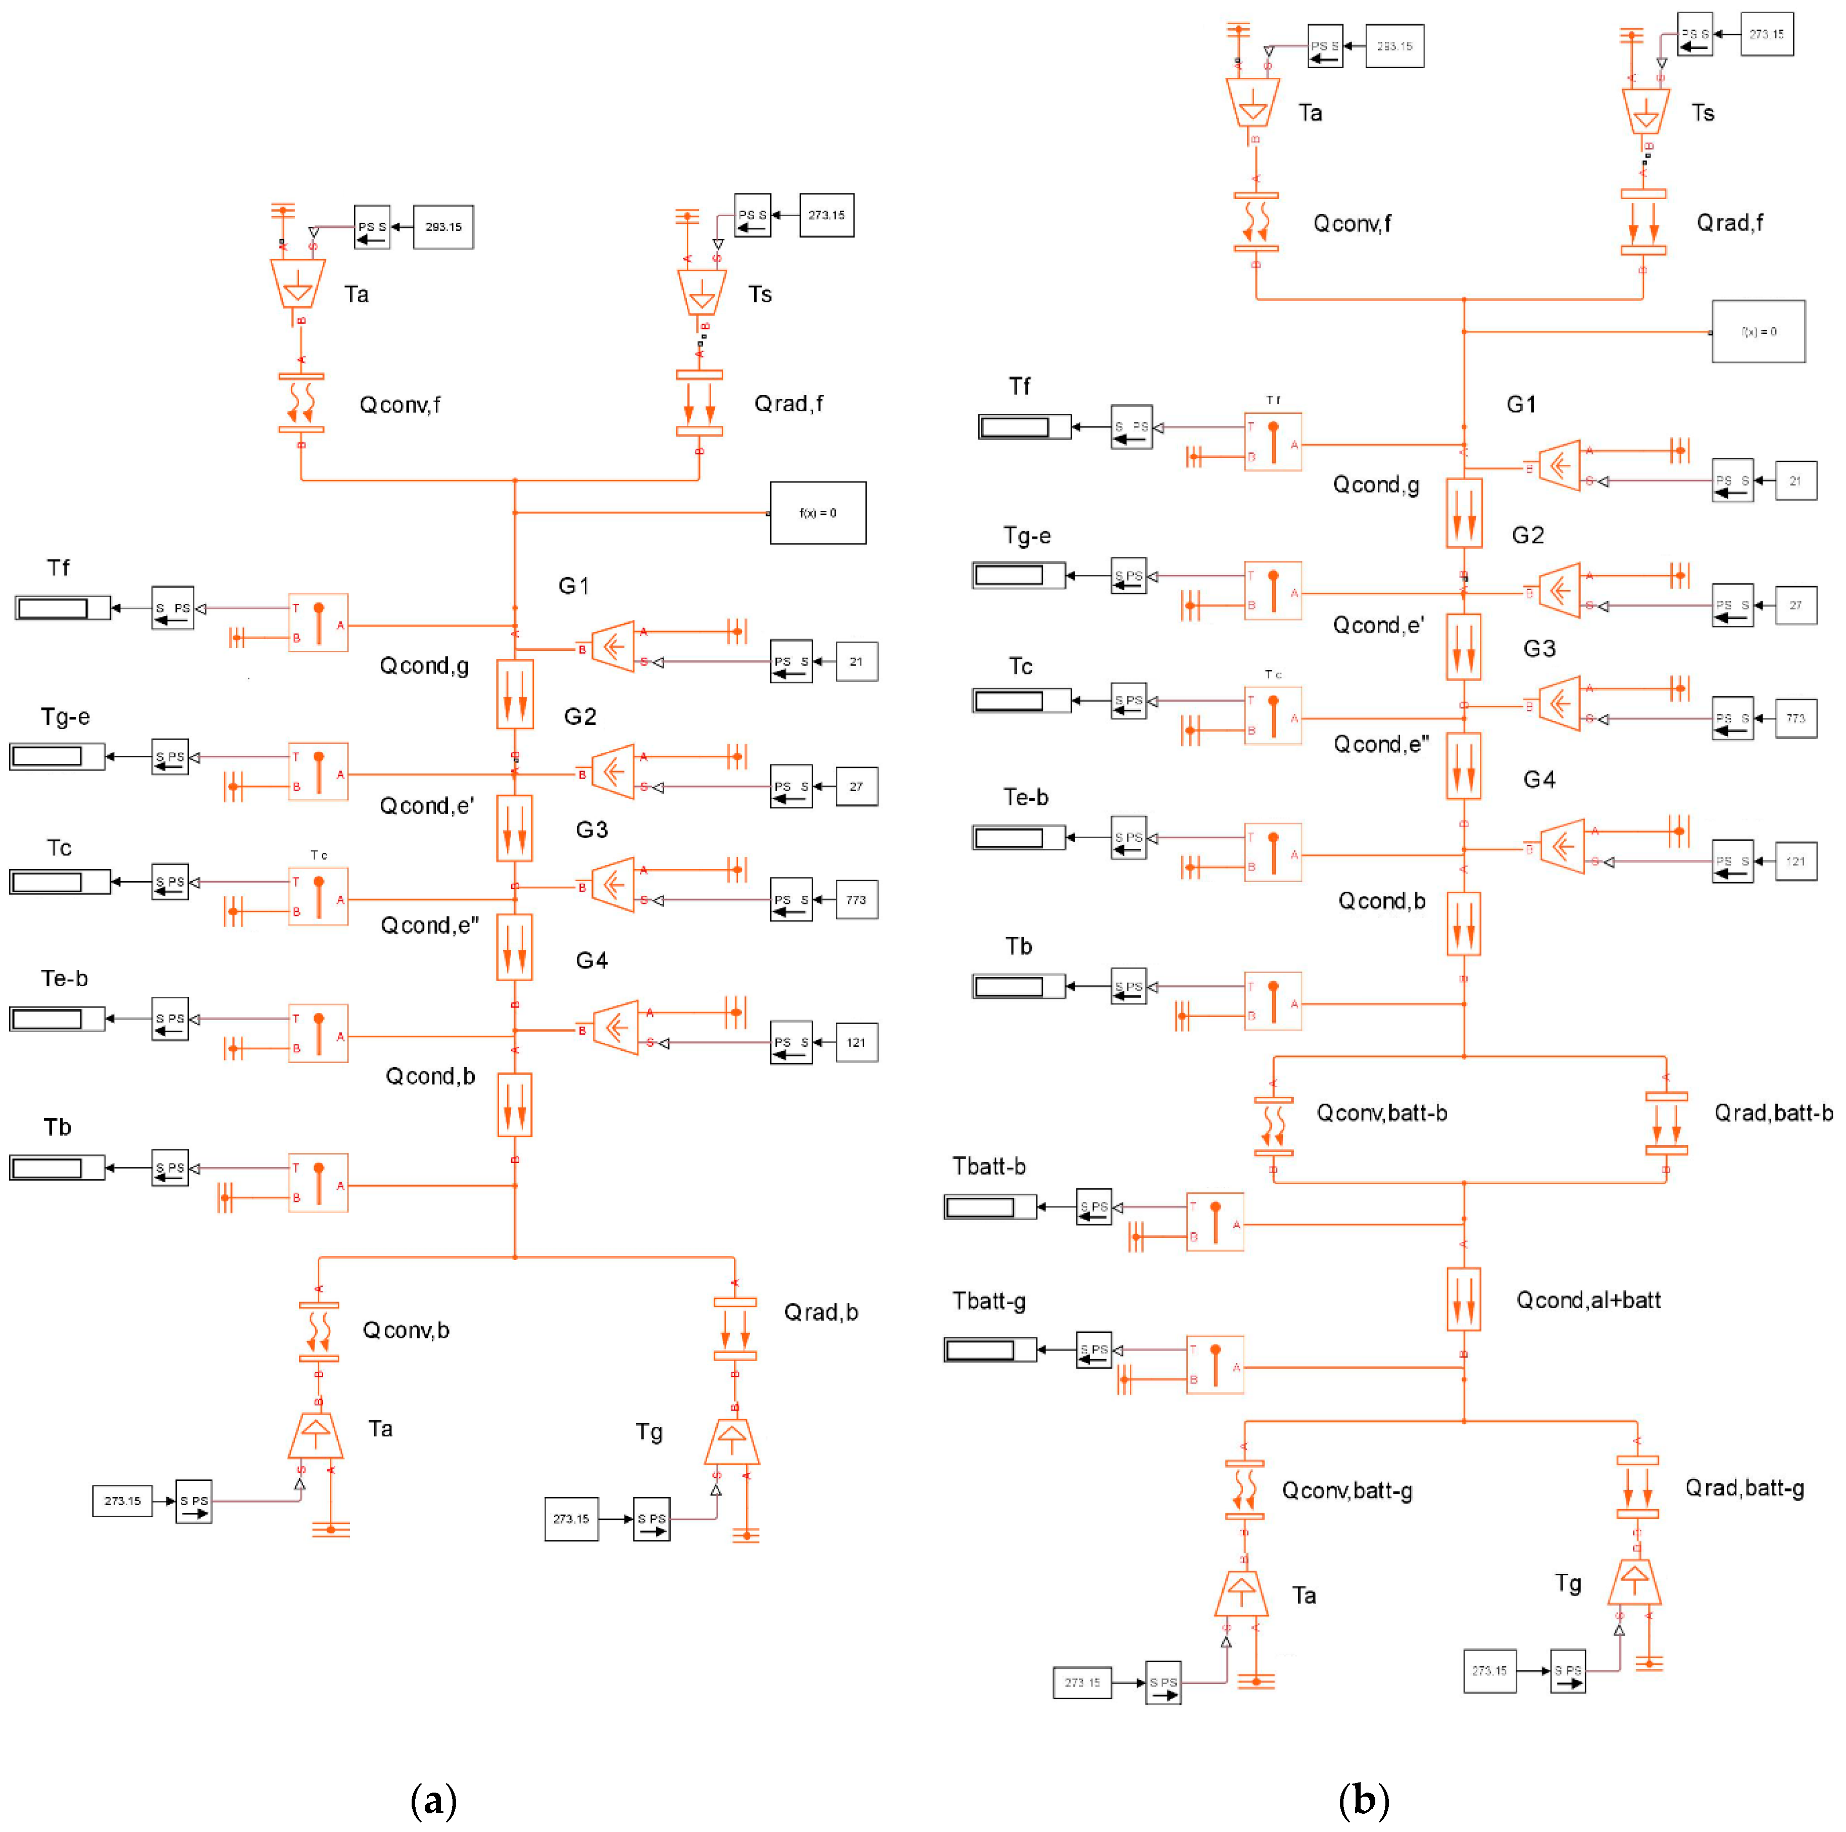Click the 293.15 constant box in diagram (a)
[442, 227]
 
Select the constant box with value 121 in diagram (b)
[1795, 861]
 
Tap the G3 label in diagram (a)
[591, 830]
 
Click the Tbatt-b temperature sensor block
[1215, 1221]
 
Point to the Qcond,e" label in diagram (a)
[429, 925]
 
